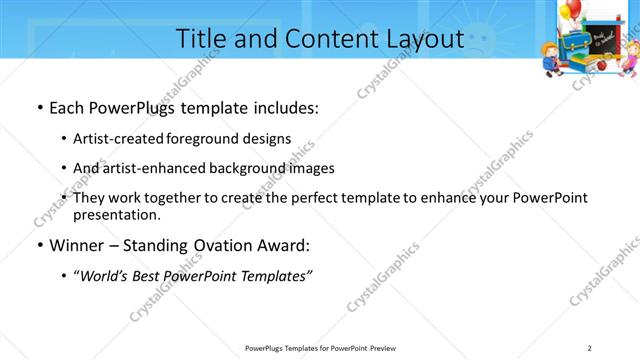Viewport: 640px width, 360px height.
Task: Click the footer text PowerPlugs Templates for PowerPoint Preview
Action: point(320,348)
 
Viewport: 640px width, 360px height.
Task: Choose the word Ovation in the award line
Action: point(229,245)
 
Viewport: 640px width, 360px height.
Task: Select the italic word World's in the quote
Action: point(110,275)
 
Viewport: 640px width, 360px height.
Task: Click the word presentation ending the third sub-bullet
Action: point(116,214)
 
